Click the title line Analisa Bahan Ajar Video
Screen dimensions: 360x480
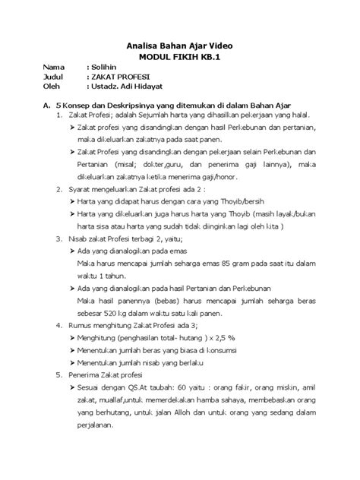(x=179, y=46)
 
